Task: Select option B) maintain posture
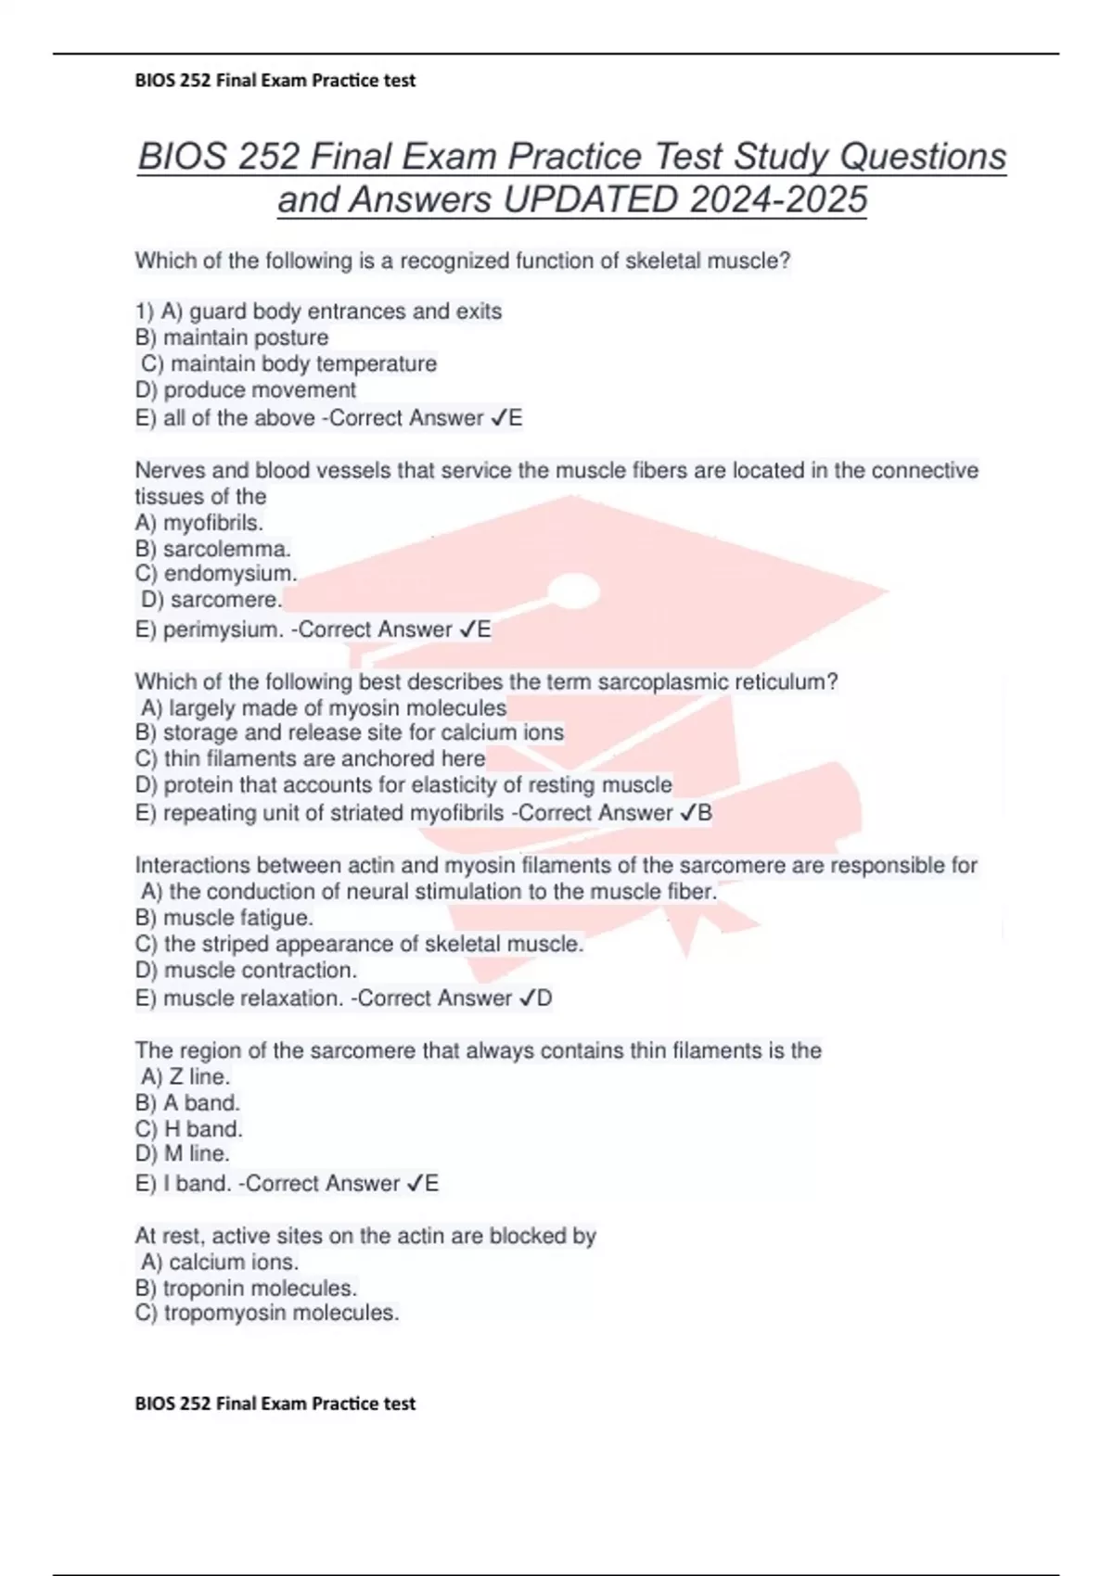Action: tap(232, 337)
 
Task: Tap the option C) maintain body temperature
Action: tap(288, 363)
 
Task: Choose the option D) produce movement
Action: tap(246, 389)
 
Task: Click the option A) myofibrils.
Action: tap(199, 522)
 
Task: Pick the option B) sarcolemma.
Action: tap(213, 548)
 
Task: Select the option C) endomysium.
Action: tap(216, 573)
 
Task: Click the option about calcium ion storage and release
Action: tap(350, 732)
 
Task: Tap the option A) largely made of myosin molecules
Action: tap(324, 708)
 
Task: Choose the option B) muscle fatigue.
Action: tap(224, 918)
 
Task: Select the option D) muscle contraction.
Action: tap(246, 970)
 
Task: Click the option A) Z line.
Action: tap(185, 1076)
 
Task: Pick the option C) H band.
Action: tap(189, 1128)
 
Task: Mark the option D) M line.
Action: tap(183, 1153)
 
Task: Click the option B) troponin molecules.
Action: tap(246, 1288)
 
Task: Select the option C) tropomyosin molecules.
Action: tap(267, 1313)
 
